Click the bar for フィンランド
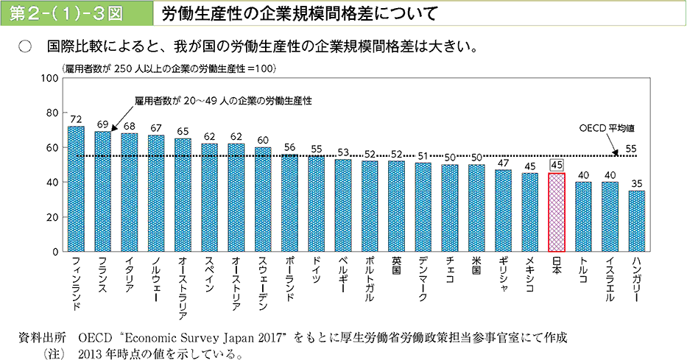pos(76,189)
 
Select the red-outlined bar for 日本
pos(557,213)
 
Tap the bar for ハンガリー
pos(637,222)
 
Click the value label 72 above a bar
pos(76,119)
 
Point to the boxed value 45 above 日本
pos(557,166)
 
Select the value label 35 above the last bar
pos(637,183)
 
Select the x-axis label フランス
pos(103,276)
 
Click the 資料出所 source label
pos(41,338)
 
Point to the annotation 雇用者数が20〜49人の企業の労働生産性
pos(222,100)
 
